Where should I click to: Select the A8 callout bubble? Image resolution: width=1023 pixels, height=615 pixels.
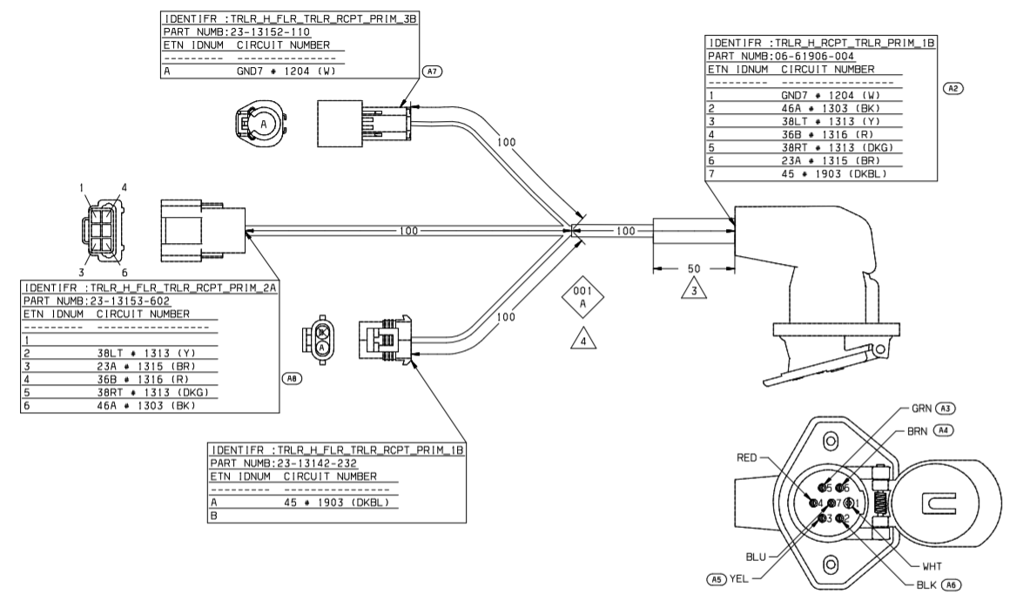[x=292, y=378]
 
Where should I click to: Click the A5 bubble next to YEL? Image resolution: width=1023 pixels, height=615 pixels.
[x=717, y=577]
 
